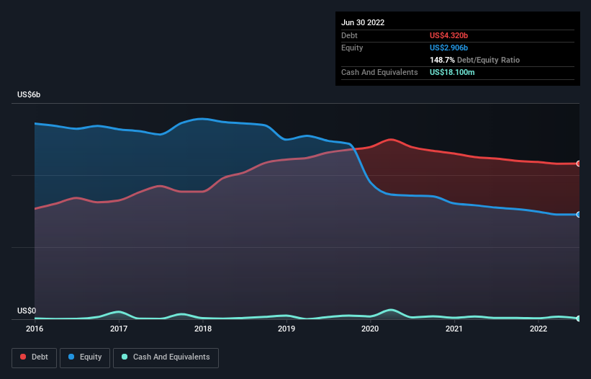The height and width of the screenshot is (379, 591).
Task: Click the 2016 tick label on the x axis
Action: pos(35,329)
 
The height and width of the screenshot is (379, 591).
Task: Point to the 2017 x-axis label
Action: pos(119,329)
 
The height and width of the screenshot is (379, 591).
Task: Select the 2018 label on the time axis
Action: pos(203,329)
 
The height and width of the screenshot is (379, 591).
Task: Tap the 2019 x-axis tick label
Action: pos(287,329)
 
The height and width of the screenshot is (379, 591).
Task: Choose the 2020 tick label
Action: pos(370,329)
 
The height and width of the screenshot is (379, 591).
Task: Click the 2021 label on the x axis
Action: pos(454,329)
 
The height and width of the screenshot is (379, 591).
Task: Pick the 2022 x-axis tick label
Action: pos(538,329)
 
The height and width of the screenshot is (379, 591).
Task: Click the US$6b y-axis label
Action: pos(30,95)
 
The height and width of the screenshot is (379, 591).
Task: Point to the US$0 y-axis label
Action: pos(27,311)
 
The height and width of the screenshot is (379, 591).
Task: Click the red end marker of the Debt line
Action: pos(579,164)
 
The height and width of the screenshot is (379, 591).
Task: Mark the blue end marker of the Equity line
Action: pos(579,215)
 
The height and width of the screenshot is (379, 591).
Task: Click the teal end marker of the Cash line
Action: pos(579,318)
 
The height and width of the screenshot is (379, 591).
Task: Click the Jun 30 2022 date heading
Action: pos(363,22)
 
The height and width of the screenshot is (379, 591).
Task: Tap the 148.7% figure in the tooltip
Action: pos(441,61)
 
